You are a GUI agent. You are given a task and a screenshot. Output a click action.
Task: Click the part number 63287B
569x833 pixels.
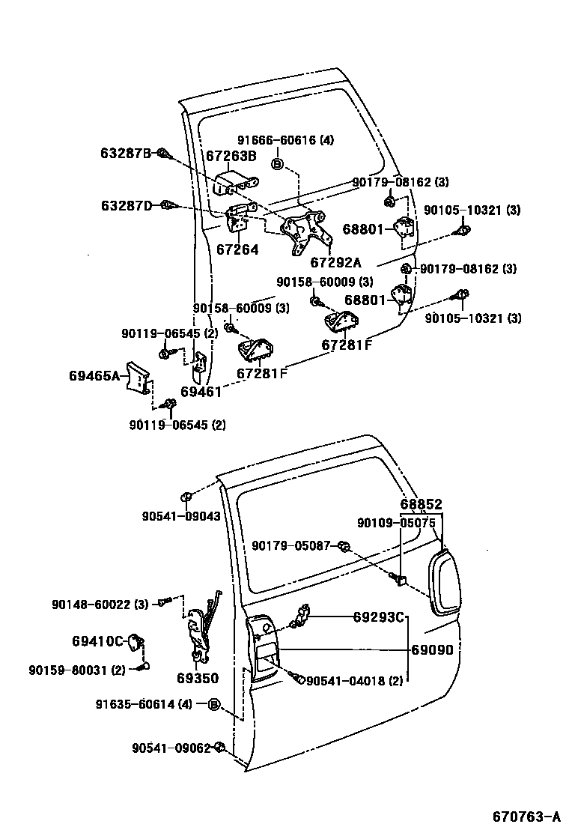click(x=126, y=154)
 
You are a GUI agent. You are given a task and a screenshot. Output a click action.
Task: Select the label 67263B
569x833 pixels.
click(x=231, y=156)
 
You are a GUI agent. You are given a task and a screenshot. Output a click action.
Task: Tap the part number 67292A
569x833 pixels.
click(x=335, y=262)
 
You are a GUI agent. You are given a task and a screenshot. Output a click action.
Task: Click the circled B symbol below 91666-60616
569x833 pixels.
click(x=277, y=165)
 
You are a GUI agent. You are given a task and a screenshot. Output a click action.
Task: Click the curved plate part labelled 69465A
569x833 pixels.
click(x=138, y=377)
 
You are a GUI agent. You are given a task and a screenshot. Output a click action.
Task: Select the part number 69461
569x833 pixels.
click(x=201, y=392)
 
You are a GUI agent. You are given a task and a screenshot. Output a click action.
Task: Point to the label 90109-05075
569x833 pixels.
click(x=396, y=523)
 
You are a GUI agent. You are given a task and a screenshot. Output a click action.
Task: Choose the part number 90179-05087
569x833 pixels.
click(x=290, y=546)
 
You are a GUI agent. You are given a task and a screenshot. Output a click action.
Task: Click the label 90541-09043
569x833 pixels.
click(x=181, y=515)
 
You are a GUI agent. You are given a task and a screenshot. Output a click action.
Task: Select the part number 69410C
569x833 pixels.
click(x=97, y=641)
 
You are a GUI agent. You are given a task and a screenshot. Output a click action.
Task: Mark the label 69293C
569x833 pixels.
click(x=379, y=617)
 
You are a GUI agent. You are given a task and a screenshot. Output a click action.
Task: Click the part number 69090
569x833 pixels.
click(x=432, y=650)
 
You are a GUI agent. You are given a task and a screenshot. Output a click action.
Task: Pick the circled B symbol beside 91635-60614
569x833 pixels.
click(x=213, y=704)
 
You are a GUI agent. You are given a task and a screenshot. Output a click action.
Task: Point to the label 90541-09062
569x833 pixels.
click(x=171, y=748)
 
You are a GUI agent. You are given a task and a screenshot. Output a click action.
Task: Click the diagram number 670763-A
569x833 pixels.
click(x=526, y=816)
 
